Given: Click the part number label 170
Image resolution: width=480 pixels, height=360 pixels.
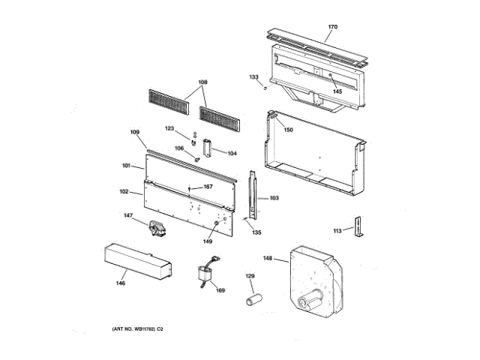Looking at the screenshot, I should coord(332,27).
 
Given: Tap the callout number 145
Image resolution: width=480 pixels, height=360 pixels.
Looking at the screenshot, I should coord(337,91).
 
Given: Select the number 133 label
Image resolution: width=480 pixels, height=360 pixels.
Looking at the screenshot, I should coord(254,76).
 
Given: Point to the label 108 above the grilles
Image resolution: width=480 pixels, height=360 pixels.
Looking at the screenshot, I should coord(202,82).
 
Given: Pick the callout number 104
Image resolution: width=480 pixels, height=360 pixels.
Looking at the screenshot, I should coord(232,153).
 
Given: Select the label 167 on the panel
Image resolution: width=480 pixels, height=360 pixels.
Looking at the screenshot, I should coord(208,187).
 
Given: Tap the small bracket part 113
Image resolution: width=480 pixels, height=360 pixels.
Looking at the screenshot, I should coord(360,227).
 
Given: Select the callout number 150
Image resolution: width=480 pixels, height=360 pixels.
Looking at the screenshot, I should coord(288,130).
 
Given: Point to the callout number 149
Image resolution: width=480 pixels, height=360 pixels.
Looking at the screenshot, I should coord(207,241).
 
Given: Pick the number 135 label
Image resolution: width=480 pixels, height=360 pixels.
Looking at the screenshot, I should coord(256,233).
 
